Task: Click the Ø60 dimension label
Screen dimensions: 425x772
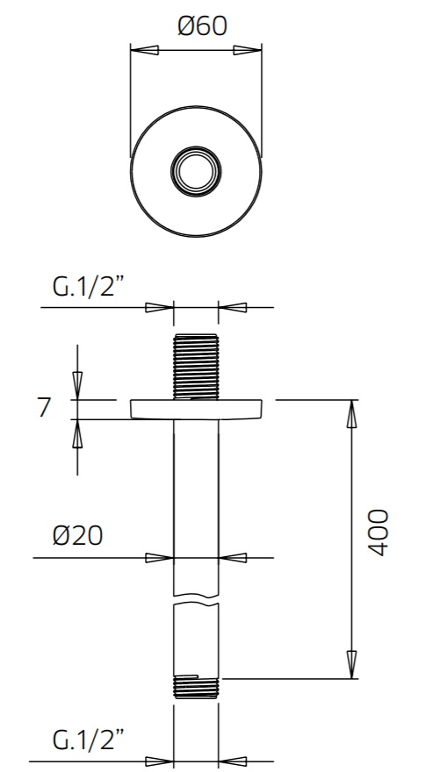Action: point(202,25)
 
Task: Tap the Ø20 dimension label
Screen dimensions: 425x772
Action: point(77,535)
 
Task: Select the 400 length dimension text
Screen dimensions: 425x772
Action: point(378,533)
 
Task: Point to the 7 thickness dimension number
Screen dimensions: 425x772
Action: point(45,408)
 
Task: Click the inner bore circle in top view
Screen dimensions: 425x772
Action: point(196,171)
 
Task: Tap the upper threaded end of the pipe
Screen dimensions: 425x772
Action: point(196,367)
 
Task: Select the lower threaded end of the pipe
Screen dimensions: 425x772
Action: point(196,686)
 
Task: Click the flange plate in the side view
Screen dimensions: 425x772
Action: point(196,410)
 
